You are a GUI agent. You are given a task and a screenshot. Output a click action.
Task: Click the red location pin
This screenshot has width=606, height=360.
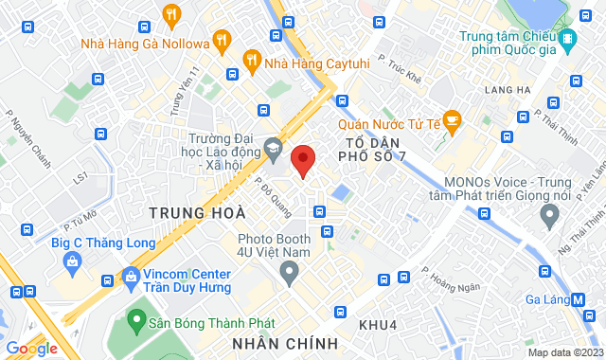pos(303,161)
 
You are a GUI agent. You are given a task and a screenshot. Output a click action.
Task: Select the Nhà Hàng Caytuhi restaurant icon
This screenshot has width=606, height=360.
pos(253,60)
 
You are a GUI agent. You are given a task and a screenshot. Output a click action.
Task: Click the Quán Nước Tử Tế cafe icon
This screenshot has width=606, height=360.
pos(452,120)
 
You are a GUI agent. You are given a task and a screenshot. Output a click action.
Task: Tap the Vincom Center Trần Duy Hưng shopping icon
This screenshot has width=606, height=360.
pos(130,279)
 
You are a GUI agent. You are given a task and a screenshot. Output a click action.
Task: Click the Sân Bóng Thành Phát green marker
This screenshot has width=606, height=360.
pos(136,323)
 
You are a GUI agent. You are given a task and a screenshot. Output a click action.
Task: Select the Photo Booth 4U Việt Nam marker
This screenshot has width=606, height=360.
pos(289,274)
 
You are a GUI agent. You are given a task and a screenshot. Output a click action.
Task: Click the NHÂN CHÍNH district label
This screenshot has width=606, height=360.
pos(285,342)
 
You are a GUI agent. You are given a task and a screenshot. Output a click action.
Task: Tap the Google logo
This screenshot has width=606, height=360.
pos(31,348)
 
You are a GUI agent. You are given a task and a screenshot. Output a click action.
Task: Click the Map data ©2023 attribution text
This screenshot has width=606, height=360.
pos(564,352)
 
